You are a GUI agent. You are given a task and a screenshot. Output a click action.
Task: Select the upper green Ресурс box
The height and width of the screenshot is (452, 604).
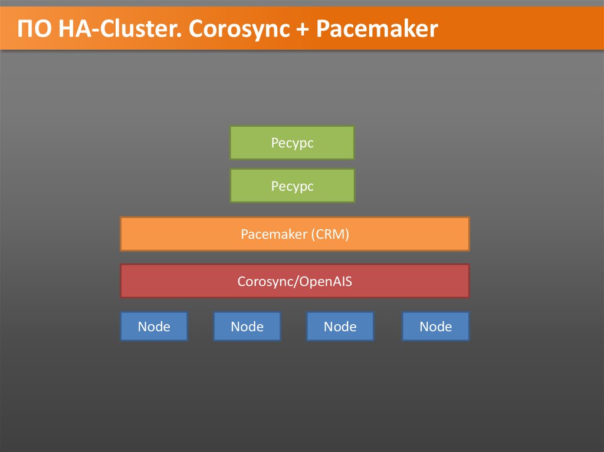click(292, 143)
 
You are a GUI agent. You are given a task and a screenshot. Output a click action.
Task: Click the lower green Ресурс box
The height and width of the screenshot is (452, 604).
click(292, 186)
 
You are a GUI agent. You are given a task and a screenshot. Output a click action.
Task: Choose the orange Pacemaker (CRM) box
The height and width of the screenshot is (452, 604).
click(294, 234)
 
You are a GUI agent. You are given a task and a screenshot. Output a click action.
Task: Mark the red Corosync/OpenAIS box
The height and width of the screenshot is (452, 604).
click(294, 281)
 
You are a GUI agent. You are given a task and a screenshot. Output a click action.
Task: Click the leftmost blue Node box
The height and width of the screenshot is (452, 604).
click(154, 326)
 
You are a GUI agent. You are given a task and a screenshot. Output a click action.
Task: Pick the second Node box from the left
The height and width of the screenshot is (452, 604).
click(247, 326)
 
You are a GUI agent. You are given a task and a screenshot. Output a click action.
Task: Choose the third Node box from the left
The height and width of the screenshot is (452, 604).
click(340, 326)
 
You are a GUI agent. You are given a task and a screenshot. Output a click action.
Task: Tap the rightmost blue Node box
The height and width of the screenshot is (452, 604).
click(435, 326)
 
